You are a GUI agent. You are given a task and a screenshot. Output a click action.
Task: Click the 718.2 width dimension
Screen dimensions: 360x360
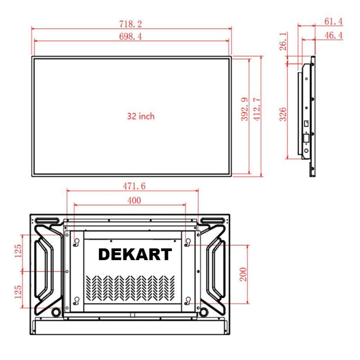[x=130, y=24]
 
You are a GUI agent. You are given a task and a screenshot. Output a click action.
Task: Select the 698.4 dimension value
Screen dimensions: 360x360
[x=130, y=36]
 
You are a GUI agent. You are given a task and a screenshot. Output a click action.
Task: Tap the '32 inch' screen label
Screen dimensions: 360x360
[x=141, y=116]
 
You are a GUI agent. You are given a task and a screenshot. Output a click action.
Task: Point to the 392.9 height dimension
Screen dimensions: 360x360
[x=245, y=109]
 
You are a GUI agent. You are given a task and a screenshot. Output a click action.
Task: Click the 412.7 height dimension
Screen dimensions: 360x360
[x=257, y=109]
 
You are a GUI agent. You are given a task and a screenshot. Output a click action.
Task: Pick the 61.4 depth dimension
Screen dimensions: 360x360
[x=334, y=22]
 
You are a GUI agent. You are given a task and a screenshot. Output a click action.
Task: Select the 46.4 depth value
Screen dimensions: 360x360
[x=334, y=35]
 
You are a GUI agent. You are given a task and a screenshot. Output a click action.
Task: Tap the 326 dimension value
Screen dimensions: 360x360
[x=283, y=114]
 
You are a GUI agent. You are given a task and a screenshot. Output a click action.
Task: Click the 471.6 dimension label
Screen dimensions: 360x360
[x=134, y=186]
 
